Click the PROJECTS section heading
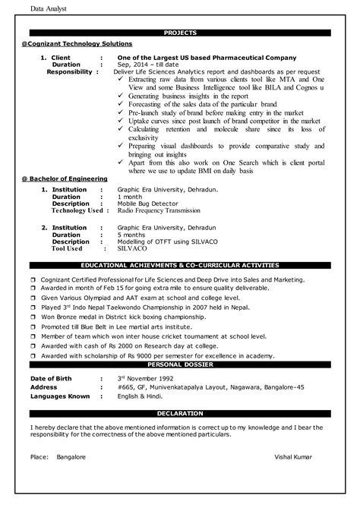pyautogui.click(x=180, y=33)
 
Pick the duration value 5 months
pyautogui.click(x=133, y=234)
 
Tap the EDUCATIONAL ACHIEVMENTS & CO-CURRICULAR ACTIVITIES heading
pyautogui.click(x=180, y=266)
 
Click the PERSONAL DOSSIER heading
pyautogui.click(x=180, y=364)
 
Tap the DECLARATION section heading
pyautogui.click(x=180, y=413)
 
